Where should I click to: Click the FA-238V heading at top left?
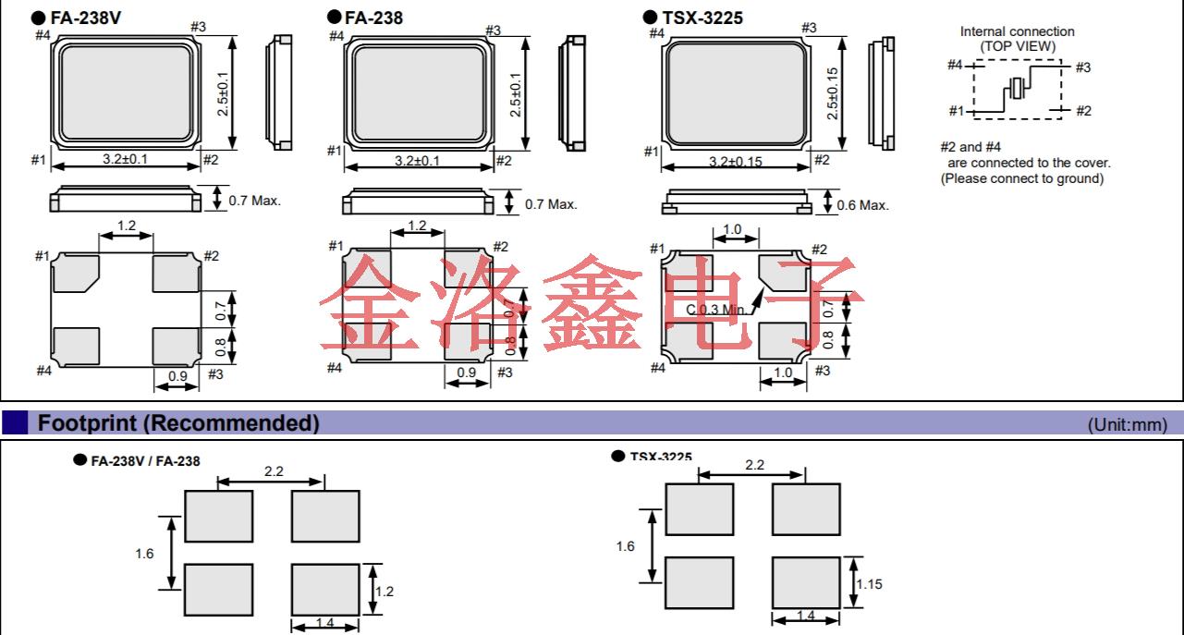point(88,17)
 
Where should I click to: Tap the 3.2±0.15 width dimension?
point(736,163)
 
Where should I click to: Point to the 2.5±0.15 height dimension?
point(832,92)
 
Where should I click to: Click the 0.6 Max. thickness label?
point(861,205)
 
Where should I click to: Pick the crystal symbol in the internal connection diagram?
point(1018,89)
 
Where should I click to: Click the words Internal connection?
point(1017,31)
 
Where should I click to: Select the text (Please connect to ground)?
point(1021,178)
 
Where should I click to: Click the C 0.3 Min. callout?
point(721,309)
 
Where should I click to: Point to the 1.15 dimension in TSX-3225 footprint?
point(869,583)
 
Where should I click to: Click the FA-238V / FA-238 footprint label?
point(144,460)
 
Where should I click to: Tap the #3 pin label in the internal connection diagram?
point(1082,67)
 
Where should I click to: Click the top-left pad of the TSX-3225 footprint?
point(699,509)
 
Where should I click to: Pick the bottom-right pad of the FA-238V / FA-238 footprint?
point(325,589)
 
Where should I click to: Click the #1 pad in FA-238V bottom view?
point(76,271)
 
